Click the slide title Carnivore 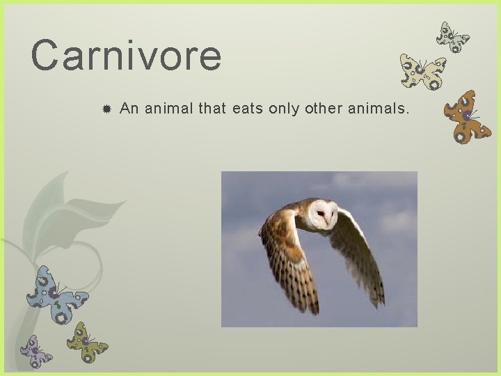126,56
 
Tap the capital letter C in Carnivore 45,56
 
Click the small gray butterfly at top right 452,37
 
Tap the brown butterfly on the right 466,116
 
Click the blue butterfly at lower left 56,294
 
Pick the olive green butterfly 87,342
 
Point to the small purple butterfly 35,351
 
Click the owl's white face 322,215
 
